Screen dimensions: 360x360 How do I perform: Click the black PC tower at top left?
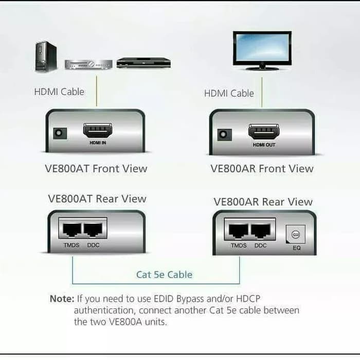click(46, 57)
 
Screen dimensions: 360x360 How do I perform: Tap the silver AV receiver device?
click(88, 64)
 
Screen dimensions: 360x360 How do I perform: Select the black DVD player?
click(143, 63)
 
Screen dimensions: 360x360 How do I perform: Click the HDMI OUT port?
click(263, 131)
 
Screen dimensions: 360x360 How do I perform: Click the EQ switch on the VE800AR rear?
click(295, 235)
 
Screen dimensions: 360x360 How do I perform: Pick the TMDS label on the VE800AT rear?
click(71, 245)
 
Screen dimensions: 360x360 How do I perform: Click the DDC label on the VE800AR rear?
click(260, 246)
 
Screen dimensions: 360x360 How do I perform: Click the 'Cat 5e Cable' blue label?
click(164, 275)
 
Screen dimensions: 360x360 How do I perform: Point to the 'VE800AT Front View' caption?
click(96, 169)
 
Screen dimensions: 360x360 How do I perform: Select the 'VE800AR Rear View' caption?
click(263, 202)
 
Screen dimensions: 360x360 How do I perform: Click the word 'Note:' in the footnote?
click(62, 298)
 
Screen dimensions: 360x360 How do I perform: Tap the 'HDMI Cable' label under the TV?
click(229, 93)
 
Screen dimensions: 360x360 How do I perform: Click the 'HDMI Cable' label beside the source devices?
click(59, 92)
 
